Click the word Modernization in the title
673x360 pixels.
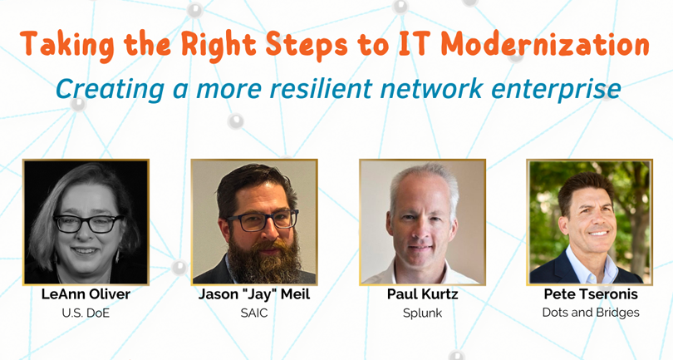point(545,44)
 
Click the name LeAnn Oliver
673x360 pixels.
point(86,294)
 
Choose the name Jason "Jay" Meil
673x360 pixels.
point(254,294)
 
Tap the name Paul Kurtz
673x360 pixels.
point(422,294)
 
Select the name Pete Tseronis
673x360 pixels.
point(591,294)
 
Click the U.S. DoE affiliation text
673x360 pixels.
point(86,313)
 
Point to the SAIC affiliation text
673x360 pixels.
point(254,313)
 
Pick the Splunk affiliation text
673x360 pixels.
point(422,313)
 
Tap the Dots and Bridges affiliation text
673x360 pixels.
point(591,313)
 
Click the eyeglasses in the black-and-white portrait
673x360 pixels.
point(89,224)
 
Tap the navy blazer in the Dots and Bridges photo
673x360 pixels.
point(558,269)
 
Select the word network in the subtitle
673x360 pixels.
point(431,88)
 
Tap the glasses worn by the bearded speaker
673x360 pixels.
point(263,220)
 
